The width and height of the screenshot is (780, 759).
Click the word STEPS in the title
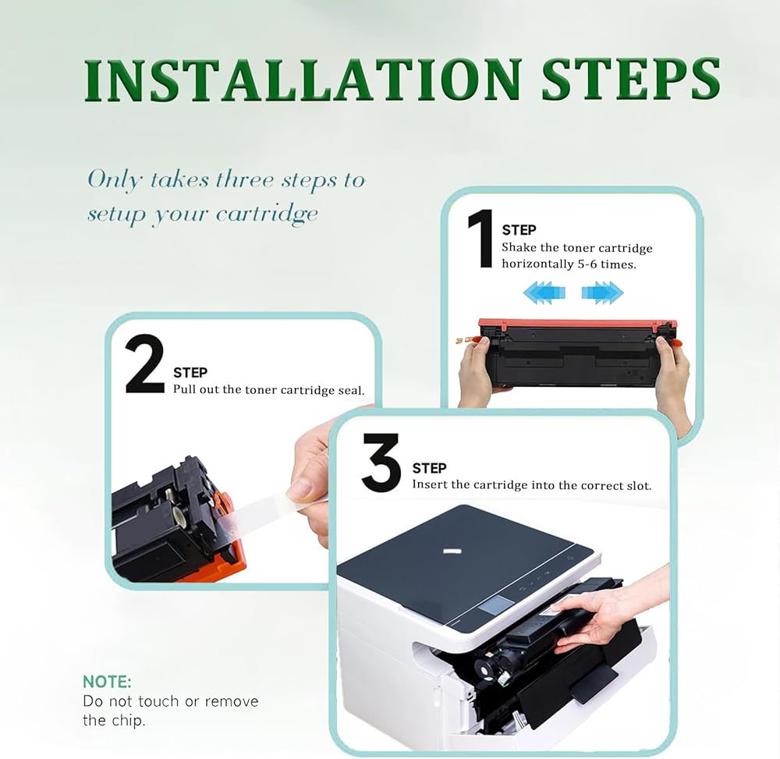[x=631, y=80]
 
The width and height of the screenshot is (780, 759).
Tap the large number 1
[x=480, y=238]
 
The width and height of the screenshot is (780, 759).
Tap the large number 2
[x=145, y=364]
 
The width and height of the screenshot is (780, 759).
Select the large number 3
[x=381, y=462]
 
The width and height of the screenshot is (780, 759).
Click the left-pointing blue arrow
[x=544, y=292]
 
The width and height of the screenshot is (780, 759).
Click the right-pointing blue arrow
[x=602, y=292]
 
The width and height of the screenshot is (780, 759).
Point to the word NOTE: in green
[x=107, y=682]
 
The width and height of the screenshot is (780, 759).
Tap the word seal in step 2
[x=351, y=391]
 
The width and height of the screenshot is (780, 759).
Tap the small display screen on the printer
[x=495, y=608]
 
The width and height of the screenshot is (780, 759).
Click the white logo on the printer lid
[x=450, y=551]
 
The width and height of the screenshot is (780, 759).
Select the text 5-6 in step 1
[x=587, y=264]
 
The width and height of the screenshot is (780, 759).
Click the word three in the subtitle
[x=245, y=179]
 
